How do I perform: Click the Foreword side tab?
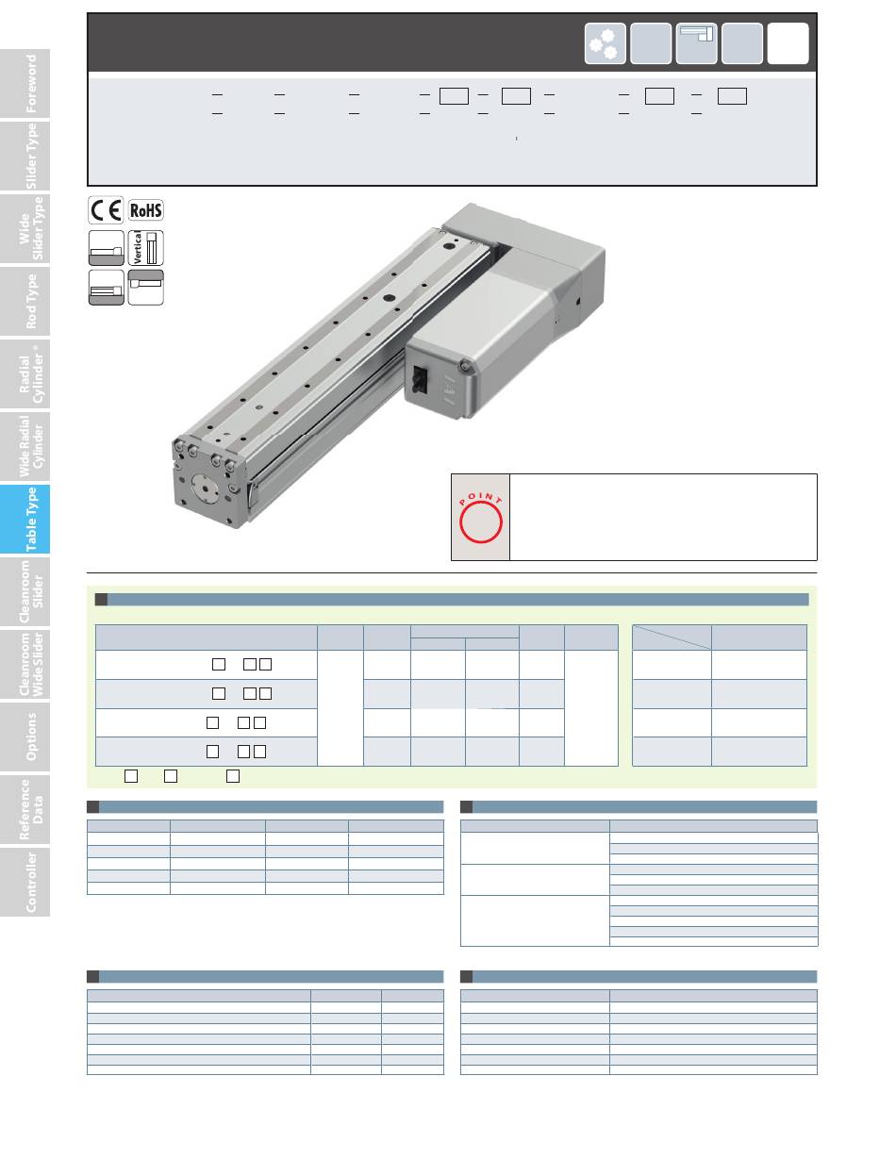pyautogui.click(x=25, y=83)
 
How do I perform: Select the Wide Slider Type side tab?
pyautogui.click(x=25, y=229)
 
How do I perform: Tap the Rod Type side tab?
pyautogui.click(x=25, y=302)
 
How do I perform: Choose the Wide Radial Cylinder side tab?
pyautogui.click(x=25, y=446)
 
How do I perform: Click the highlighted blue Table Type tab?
pyautogui.click(x=25, y=519)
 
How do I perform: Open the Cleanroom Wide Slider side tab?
pyautogui.click(x=25, y=665)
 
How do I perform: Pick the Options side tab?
pyautogui.click(x=25, y=737)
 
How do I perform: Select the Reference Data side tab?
pyautogui.click(x=25, y=810)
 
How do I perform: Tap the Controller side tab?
pyautogui.click(x=25, y=882)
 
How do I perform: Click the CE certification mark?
pyautogui.click(x=106, y=210)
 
